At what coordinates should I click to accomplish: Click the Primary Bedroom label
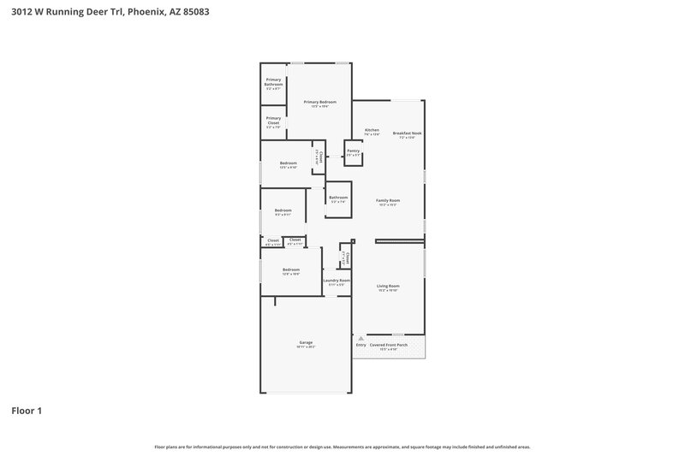[x=320, y=102]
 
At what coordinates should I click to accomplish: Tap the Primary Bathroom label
[x=273, y=82]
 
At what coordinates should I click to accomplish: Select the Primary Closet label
[x=273, y=121]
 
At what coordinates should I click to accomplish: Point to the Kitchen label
[x=372, y=131]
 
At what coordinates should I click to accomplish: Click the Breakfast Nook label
[x=407, y=133]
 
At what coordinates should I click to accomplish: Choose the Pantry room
[x=353, y=151]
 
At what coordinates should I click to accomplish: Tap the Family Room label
[x=388, y=201]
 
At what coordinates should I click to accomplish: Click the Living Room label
[x=388, y=287]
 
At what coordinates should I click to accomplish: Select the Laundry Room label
[x=337, y=281]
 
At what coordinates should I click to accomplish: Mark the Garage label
[x=306, y=342]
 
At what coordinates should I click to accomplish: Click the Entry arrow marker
[x=360, y=345]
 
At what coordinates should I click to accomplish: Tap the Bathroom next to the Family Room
[x=337, y=198]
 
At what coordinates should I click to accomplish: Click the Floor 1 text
[x=27, y=411]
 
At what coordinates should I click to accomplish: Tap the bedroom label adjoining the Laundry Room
[x=291, y=269]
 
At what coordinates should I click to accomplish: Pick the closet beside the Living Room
[x=346, y=258]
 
